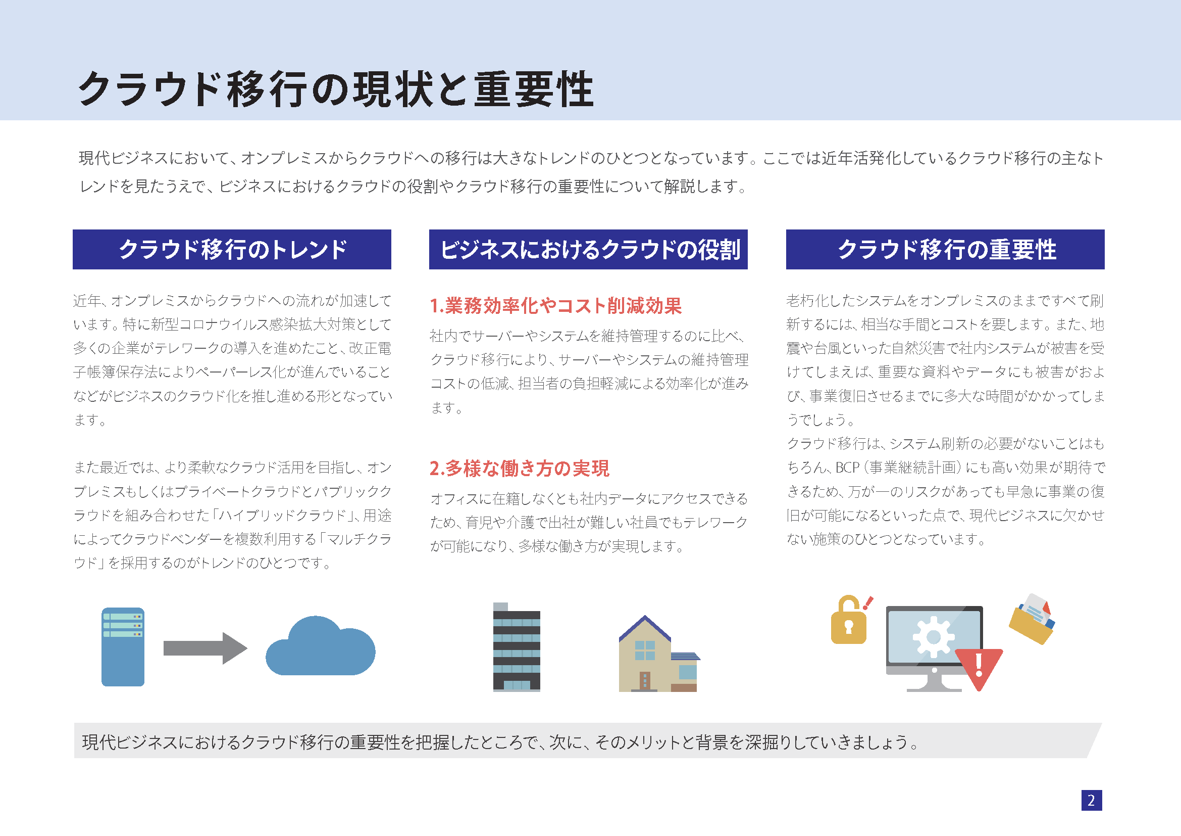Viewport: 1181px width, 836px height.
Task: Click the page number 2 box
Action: pos(1091,800)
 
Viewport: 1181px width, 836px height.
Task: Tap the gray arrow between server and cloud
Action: pos(205,648)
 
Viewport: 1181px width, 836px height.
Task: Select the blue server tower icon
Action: pos(123,646)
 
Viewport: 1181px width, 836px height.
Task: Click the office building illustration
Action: pos(517,646)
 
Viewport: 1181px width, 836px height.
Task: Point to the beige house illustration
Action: pos(659,653)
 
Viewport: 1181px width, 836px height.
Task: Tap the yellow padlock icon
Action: pos(849,620)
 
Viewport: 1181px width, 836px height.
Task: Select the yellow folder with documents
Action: pos(1032,619)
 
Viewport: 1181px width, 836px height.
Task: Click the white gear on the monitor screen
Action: pos(934,637)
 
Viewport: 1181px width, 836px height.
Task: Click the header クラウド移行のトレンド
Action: pos(232,250)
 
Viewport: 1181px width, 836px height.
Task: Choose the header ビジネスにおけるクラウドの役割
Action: pos(588,250)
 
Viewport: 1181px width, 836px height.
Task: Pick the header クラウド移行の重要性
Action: pos(945,250)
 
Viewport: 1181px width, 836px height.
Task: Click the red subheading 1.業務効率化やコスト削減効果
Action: pos(556,306)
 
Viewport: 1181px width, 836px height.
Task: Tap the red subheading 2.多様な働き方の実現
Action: pos(520,469)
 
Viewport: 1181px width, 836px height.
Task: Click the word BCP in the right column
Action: pos(848,468)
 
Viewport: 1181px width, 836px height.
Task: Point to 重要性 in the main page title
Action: pos(534,89)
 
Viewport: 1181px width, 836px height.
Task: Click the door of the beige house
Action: pos(644,680)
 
